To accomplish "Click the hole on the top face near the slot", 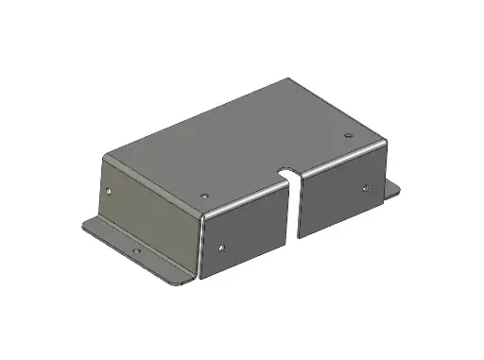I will (x=205, y=193).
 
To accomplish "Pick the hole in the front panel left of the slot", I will (x=220, y=249).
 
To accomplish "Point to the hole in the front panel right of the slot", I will (x=364, y=187).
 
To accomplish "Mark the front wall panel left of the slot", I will (x=244, y=234).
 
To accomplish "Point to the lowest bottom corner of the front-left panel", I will (x=201, y=280).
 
